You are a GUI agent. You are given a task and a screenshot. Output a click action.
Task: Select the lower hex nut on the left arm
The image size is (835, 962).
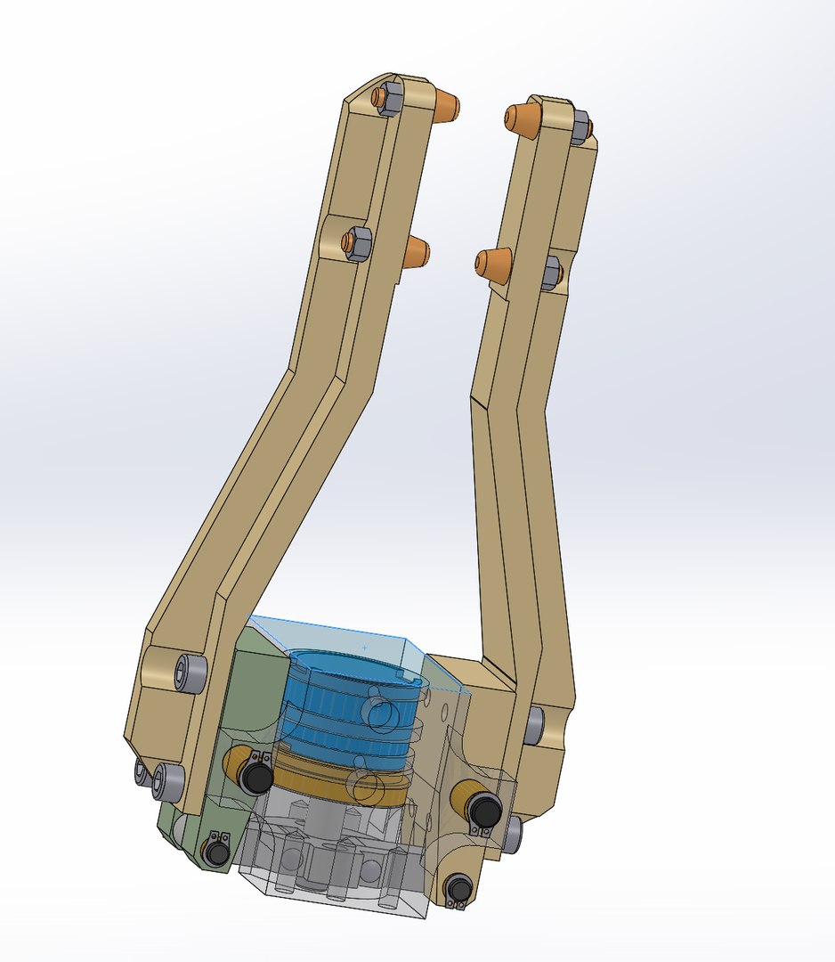point(356,243)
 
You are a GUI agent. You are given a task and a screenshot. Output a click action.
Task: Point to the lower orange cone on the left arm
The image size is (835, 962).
point(415,253)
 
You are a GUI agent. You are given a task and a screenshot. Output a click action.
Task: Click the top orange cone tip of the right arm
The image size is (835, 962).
point(523,119)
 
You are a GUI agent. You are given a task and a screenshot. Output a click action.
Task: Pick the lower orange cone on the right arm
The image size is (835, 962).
point(493,265)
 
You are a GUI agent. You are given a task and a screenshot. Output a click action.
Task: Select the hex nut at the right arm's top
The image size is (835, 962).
point(578,128)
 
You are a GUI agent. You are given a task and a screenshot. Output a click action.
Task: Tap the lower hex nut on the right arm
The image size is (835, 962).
point(551,272)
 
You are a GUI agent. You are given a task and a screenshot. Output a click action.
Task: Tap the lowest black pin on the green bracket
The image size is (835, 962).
point(216,852)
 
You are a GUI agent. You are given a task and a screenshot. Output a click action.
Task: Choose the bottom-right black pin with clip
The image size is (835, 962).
point(458,888)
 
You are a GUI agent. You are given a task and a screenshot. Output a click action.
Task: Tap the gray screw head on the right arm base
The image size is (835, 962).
point(535,725)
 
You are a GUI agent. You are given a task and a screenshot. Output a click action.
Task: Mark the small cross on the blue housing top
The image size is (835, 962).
point(364,643)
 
